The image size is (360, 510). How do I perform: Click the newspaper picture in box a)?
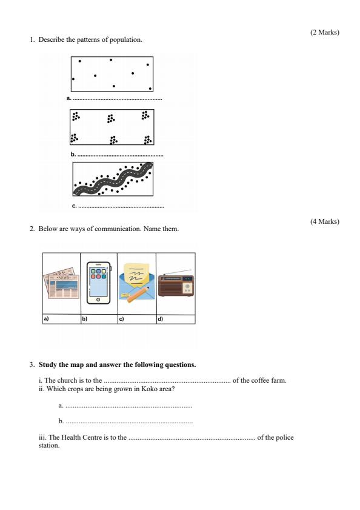click(61, 283)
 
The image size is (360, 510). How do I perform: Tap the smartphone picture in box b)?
click(99, 283)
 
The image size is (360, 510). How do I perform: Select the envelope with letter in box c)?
click(137, 283)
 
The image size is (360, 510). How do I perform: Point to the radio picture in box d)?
click(176, 284)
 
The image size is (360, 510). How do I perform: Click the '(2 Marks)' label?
click(324, 32)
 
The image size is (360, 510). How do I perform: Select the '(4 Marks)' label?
click(324, 221)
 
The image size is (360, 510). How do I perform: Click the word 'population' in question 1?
click(125, 40)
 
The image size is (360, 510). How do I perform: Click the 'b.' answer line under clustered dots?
click(118, 155)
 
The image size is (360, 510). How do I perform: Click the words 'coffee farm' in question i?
click(270, 380)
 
